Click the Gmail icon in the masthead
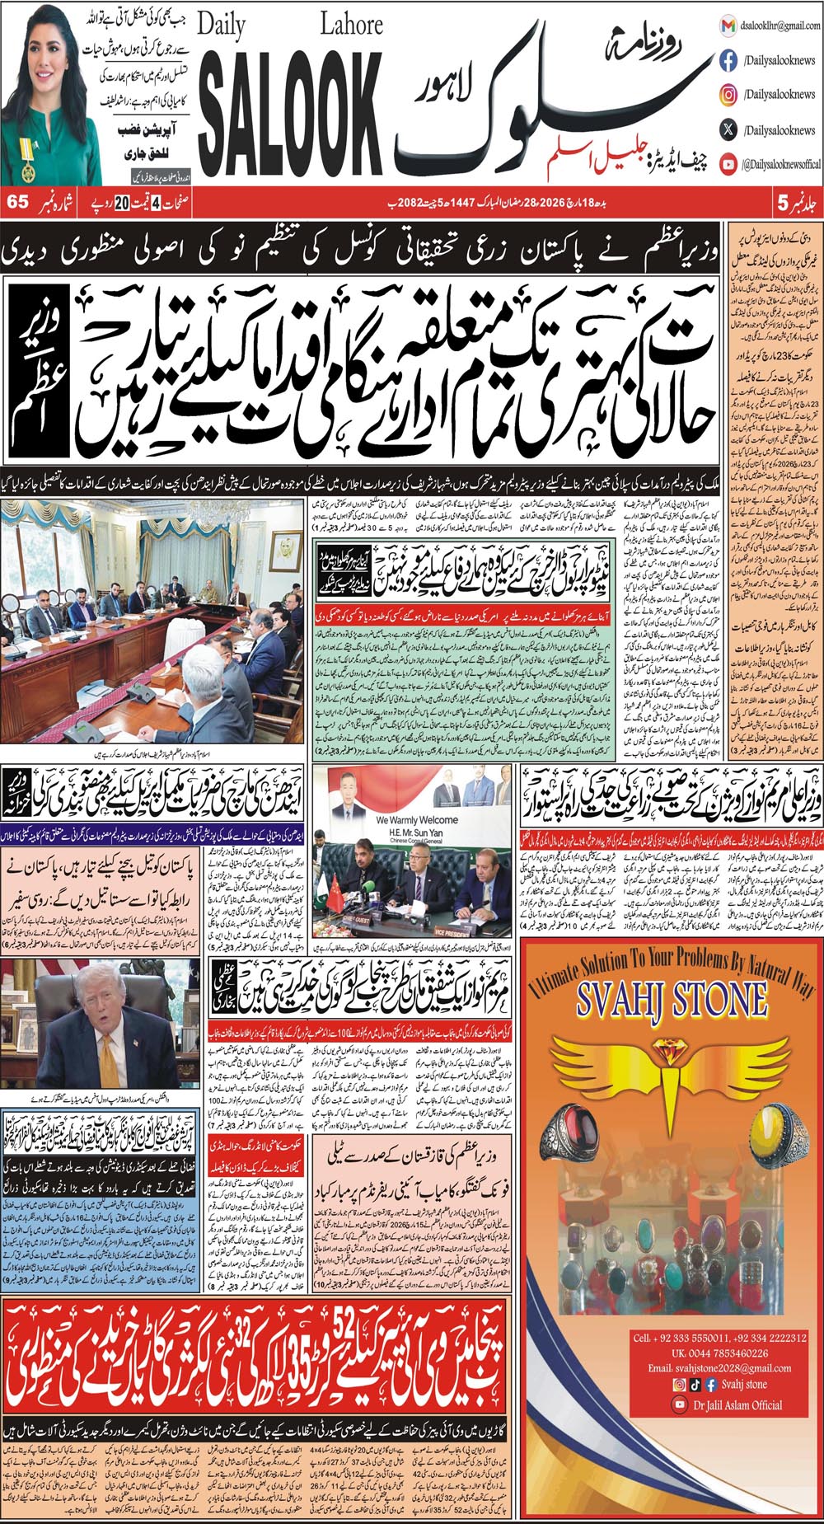[728, 26]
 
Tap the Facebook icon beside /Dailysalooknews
[728, 60]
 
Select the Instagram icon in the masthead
[728, 95]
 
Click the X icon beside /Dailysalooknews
[728, 129]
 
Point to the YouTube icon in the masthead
[728, 164]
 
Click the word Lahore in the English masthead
[351, 25]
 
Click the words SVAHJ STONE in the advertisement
[672, 1000]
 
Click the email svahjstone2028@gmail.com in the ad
[719, 1368]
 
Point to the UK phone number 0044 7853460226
[719, 1353]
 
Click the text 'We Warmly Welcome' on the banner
[416, 820]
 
